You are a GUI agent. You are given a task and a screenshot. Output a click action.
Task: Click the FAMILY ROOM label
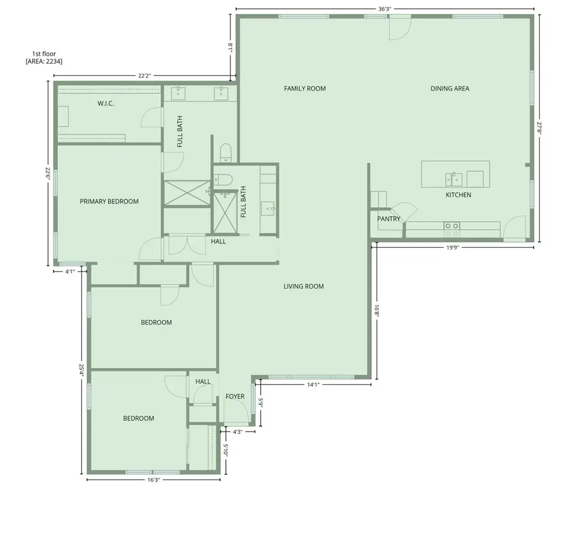click(305, 88)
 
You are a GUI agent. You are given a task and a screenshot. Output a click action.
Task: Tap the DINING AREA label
click(450, 88)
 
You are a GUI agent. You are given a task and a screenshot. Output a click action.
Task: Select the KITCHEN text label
click(459, 194)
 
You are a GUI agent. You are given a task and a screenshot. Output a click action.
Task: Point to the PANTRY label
click(389, 219)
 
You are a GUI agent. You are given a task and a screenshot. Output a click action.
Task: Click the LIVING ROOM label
click(304, 286)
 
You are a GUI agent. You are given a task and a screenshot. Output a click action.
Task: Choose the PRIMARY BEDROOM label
click(109, 202)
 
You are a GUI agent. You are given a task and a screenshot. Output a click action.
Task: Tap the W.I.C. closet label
click(106, 103)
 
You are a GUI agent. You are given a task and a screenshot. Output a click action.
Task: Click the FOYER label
click(235, 397)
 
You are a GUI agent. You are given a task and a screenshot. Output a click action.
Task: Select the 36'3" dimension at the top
click(385, 9)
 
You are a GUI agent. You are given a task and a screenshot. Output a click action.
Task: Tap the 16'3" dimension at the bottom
click(153, 480)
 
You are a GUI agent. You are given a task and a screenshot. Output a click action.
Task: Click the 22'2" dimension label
click(144, 76)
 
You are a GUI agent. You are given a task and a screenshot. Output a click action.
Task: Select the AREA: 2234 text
click(44, 61)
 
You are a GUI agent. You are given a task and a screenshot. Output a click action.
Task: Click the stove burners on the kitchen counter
click(452, 226)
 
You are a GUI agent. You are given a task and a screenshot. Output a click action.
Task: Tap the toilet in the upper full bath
click(225, 152)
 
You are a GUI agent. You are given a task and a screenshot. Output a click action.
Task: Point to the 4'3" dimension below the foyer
click(237, 431)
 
